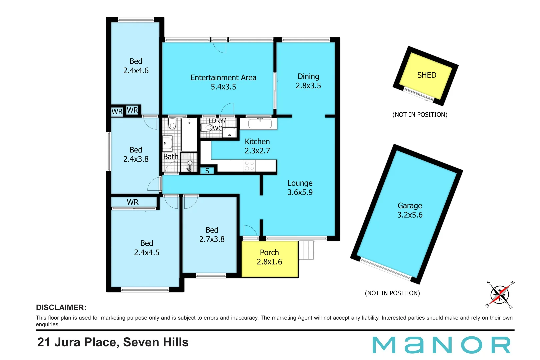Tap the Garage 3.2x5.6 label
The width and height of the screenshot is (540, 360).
tap(410, 210)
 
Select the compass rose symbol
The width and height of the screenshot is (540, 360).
tap(499, 295)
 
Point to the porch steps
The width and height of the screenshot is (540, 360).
tap(306, 250)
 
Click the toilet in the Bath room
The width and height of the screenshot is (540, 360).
tap(172, 123)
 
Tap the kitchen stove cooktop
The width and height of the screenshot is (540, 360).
tap(249, 166)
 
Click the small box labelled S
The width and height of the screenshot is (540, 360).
tap(207, 171)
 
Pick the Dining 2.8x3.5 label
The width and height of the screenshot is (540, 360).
tap(308, 81)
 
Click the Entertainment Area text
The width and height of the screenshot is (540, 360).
tap(223, 78)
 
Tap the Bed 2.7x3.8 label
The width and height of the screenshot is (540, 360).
tap(212, 235)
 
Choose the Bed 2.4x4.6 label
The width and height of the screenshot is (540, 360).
tap(136, 66)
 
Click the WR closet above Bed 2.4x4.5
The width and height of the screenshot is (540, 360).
tap(133, 202)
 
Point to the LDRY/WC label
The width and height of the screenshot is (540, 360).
tap(217, 124)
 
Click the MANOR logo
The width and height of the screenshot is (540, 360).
tap(441, 345)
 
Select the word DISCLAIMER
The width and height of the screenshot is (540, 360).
tap(61, 308)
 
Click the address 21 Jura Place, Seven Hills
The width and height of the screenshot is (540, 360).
tap(113, 342)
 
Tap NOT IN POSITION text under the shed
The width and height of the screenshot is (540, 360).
tap(420, 115)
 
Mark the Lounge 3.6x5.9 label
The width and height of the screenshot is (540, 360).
tap(300, 188)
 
